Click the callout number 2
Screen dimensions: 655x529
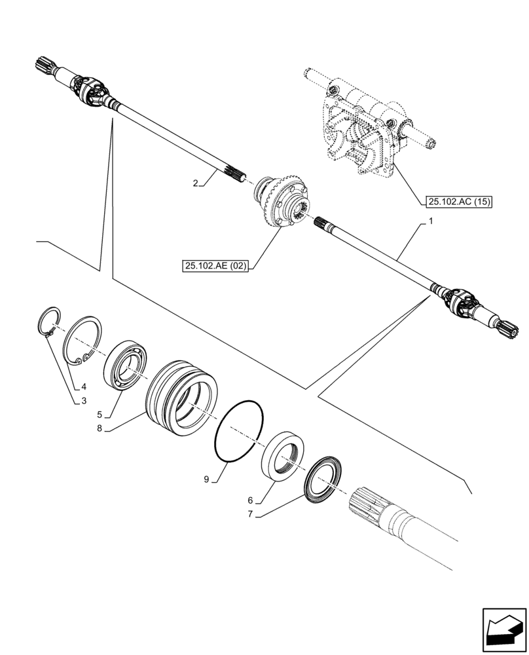[195, 184]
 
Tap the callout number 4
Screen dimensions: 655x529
[84, 386]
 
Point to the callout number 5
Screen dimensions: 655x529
[100, 414]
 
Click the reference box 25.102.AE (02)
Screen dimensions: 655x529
[217, 265]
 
